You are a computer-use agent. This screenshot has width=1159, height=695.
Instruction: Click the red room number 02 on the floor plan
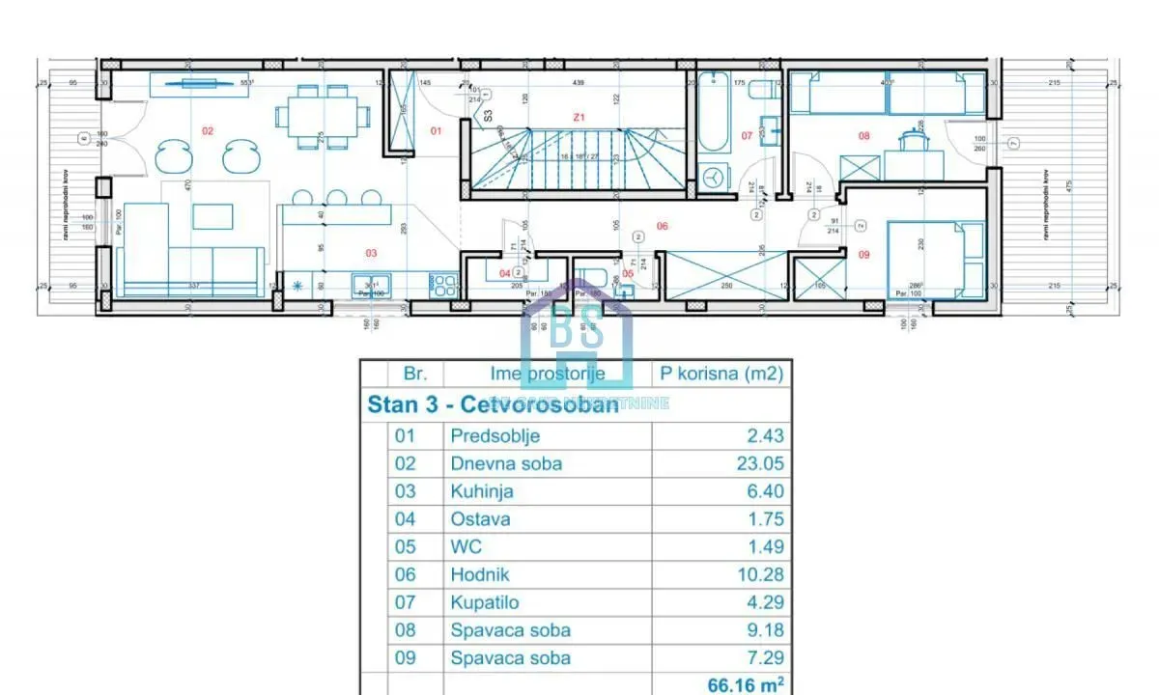point(207,128)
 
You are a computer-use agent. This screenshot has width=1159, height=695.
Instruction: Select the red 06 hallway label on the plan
point(663,227)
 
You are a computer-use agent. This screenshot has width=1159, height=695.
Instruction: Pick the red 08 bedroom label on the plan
point(863,136)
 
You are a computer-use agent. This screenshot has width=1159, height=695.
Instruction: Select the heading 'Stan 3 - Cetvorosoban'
point(493,403)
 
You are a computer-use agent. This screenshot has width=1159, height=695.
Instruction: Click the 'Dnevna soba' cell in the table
point(506,463)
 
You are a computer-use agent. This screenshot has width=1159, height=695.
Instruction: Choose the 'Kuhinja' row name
point(482,491)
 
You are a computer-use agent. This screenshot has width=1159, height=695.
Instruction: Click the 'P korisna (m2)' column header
point(721,374)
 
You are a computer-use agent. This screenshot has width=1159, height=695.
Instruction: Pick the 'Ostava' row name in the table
point(480,518)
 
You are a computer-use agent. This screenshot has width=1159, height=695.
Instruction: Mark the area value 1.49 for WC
point(762,546)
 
